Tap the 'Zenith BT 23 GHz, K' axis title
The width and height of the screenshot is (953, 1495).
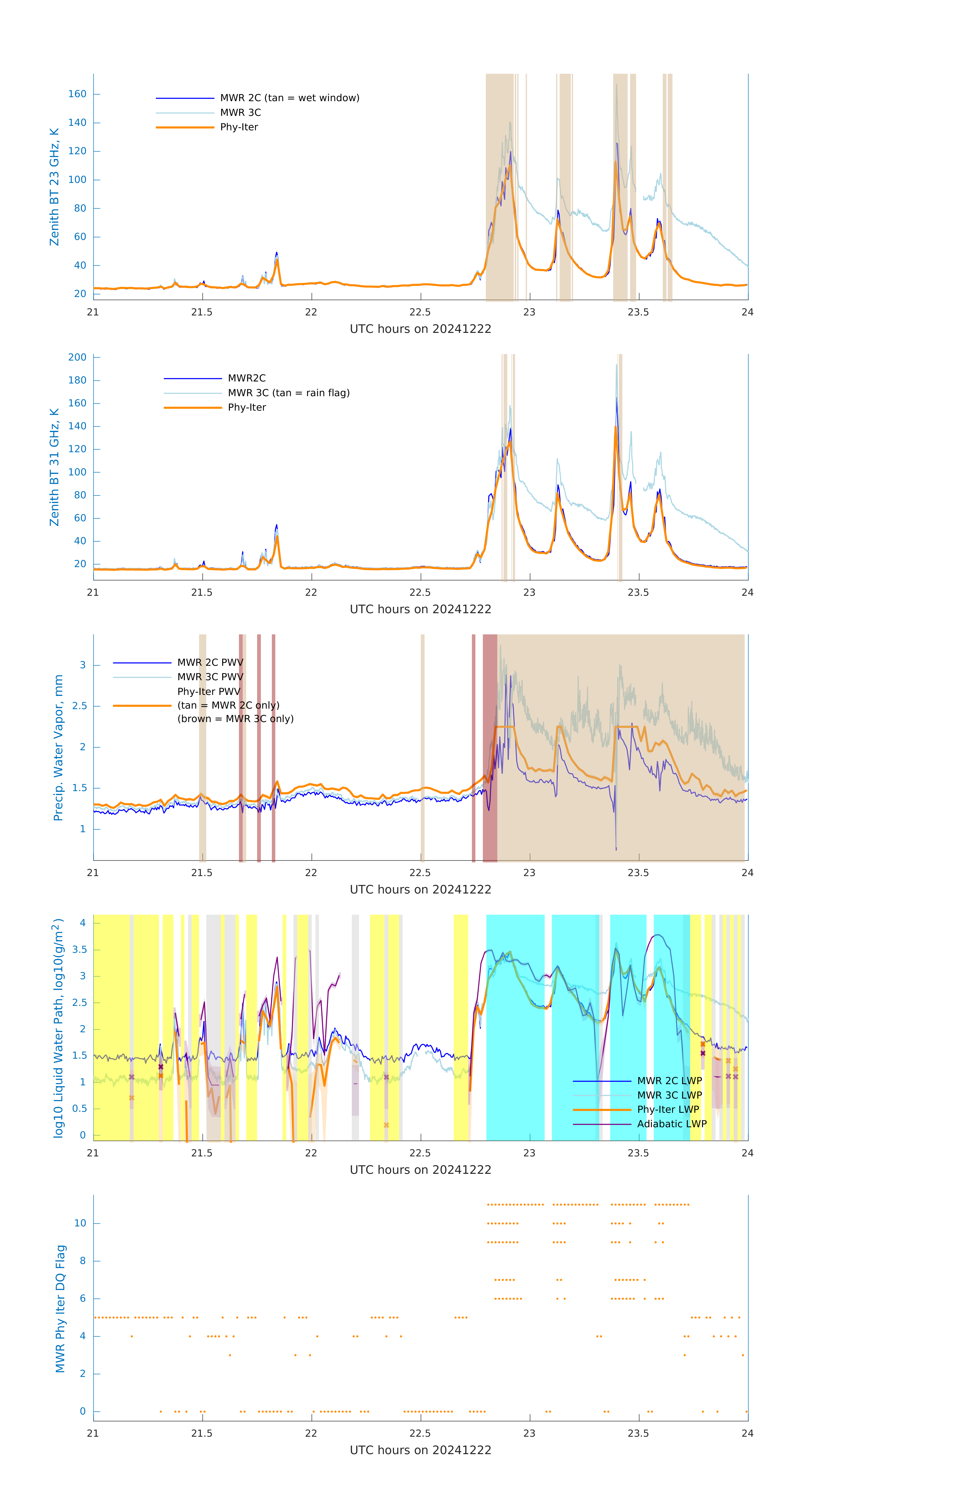pos(55,187)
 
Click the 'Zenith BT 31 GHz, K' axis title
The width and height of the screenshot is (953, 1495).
pos(55,467)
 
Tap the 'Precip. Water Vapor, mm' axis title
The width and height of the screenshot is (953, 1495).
pos(58,747)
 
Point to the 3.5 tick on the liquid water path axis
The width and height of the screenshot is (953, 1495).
pos(79,949)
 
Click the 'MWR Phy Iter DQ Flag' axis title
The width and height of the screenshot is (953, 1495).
pos(60,1309)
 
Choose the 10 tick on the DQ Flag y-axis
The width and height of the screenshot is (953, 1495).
pos(80,1223)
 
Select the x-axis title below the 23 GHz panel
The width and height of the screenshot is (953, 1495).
pos(420,329)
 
